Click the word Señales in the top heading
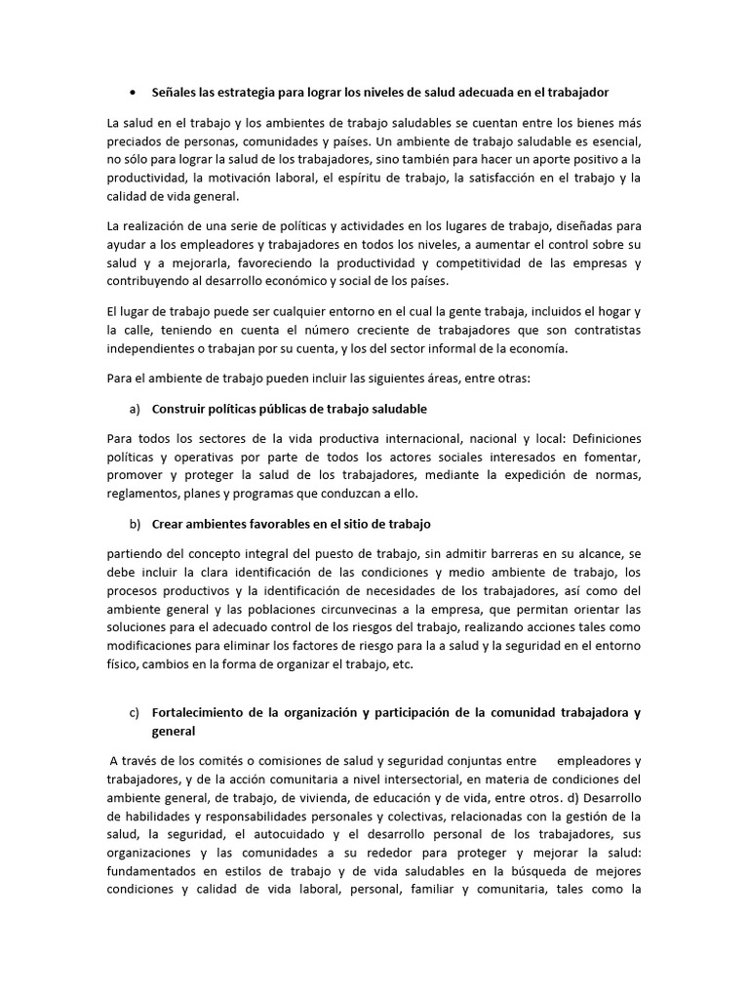click(175, 92)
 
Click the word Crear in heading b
click(169, 524)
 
